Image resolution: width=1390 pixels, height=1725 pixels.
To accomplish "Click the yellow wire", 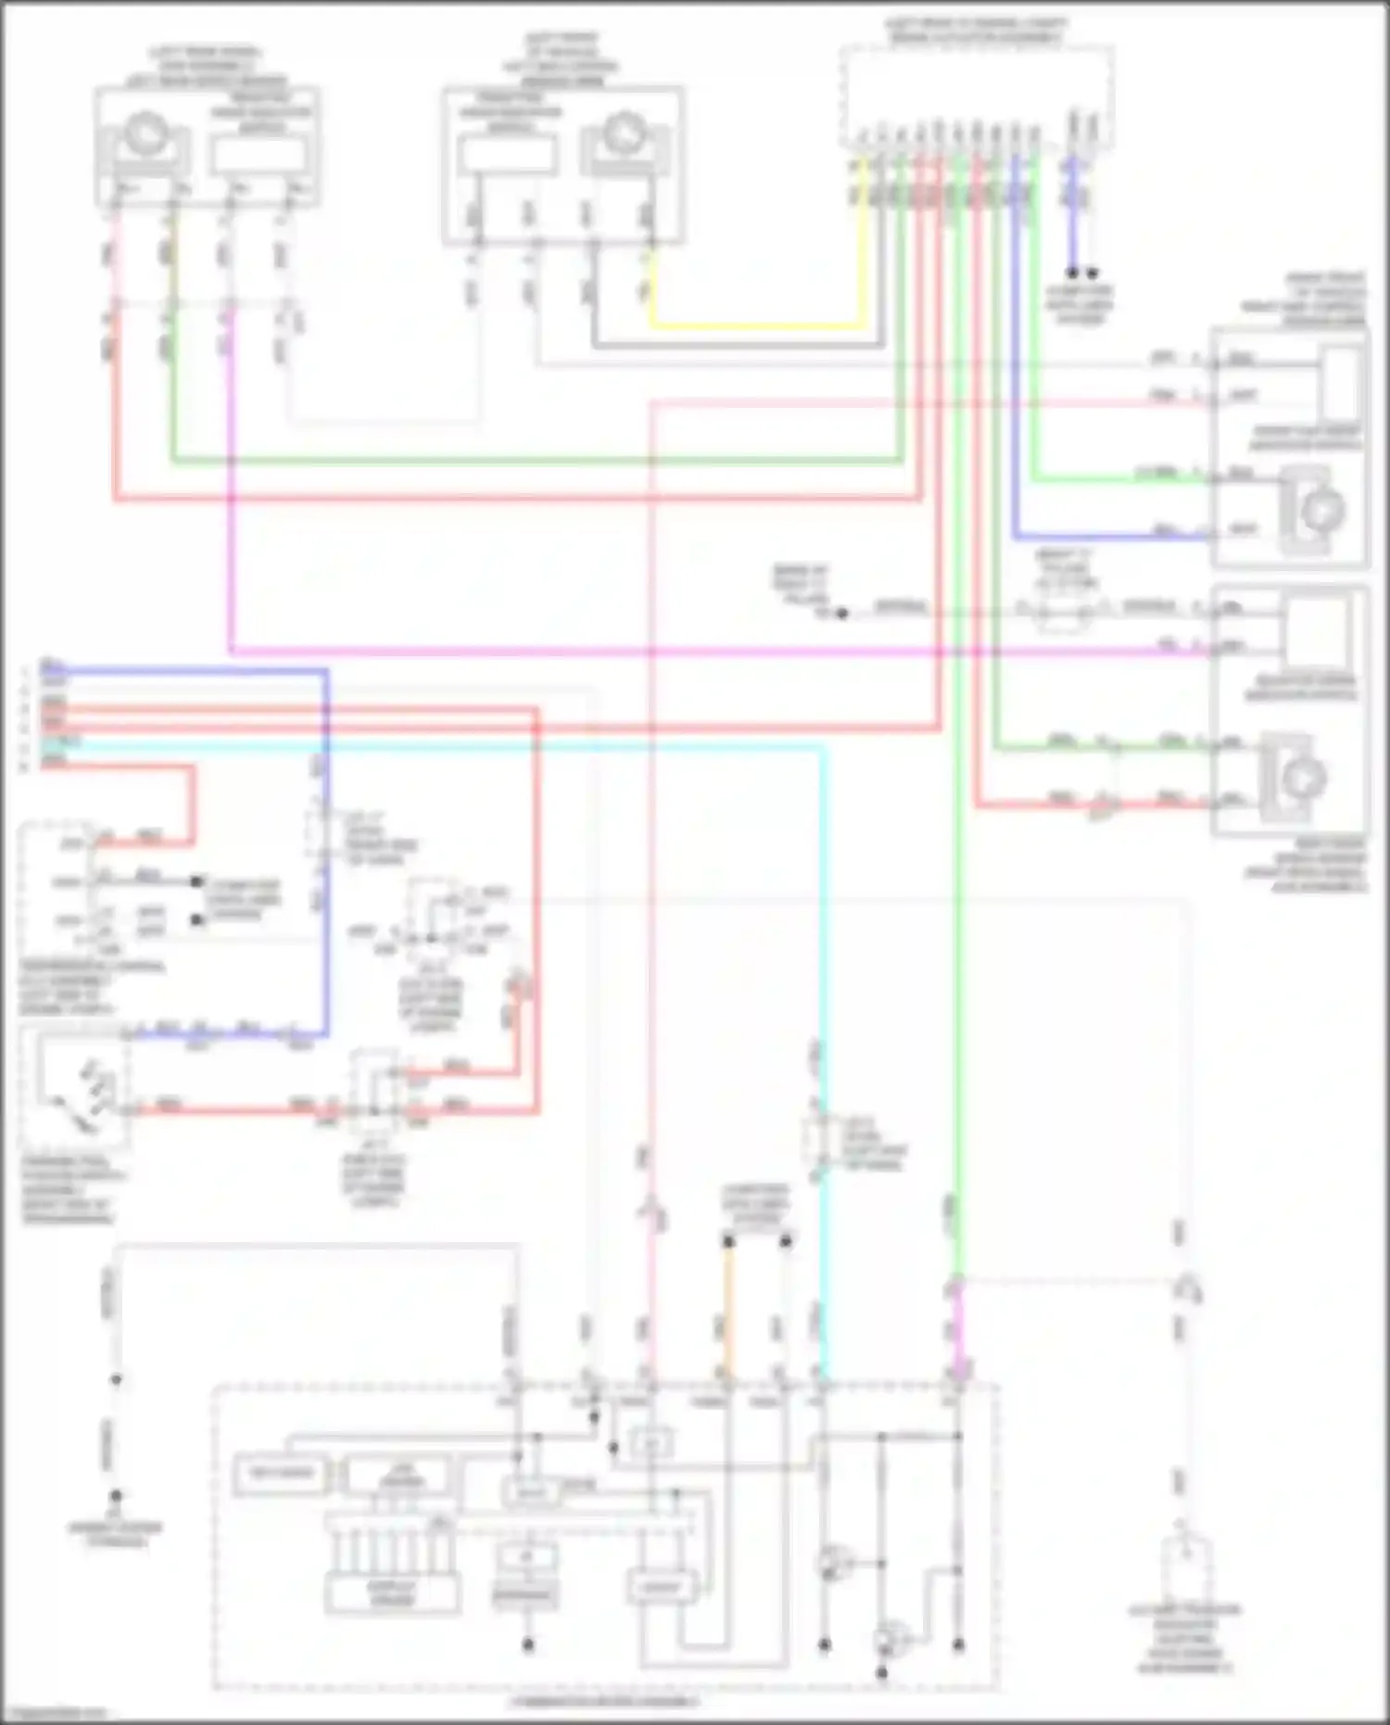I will click(x=760, y=325).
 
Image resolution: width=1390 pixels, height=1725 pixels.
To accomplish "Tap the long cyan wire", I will click(x=556, y=746).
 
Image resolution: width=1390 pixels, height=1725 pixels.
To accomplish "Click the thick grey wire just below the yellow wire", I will click(x=741, y=346).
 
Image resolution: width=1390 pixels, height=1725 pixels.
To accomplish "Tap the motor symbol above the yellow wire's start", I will click(x=625, y=139).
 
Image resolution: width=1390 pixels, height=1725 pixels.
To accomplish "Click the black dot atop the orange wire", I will click(x=728, y=1241).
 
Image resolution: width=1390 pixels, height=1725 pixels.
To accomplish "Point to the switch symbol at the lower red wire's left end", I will click(x=79, y=1089).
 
